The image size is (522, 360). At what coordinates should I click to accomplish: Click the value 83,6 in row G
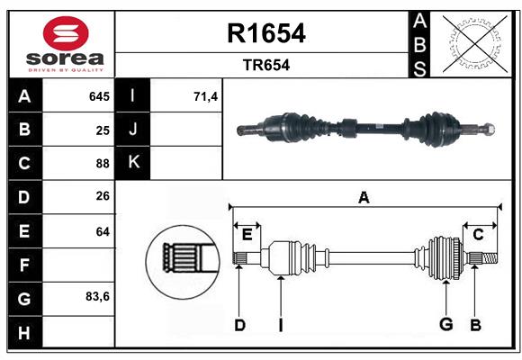tap(97, 296)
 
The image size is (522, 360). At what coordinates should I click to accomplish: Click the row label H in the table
tap(24, 333)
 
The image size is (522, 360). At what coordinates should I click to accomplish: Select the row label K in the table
tap(133, 164)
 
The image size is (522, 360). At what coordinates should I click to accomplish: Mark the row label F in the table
tap(24, 265)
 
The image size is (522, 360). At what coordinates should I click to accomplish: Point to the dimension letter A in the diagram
tap(364, 198)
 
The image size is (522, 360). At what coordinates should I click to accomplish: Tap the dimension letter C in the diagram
tap(478, 234)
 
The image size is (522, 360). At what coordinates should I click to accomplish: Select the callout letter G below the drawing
tap(445, 325)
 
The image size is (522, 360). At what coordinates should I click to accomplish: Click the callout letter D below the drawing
tap(239, 325)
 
